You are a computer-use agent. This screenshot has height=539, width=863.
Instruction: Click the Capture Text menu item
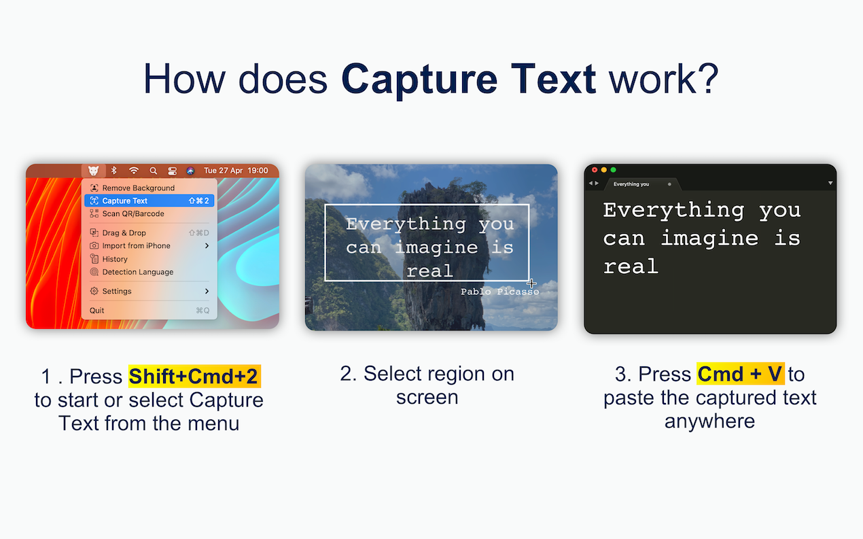(x=149, y=201)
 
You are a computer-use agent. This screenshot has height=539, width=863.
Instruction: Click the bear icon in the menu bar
(x=93, y=171)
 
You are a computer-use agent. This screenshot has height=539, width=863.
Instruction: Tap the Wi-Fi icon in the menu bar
(x=134, y=171)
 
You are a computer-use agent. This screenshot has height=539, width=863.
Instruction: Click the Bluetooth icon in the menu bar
(x=113, y=171)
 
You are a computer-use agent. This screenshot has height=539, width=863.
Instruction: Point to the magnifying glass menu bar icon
(x=154, y=171)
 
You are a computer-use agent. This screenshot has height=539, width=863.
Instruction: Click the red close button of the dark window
(x=595, y=170)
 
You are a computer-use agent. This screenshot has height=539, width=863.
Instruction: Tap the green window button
(x=614, y=170)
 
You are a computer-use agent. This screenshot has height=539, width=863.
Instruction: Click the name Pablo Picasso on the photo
(x=499, y=292)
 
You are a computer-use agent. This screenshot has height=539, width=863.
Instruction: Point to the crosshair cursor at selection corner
(x=531, y=283)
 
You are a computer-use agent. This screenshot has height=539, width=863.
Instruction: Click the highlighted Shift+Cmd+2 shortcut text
(x=194, y=376)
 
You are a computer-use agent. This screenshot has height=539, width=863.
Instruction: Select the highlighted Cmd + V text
(x=740, y=374)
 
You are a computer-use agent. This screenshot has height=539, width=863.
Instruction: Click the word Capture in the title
(x=419, y=79)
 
